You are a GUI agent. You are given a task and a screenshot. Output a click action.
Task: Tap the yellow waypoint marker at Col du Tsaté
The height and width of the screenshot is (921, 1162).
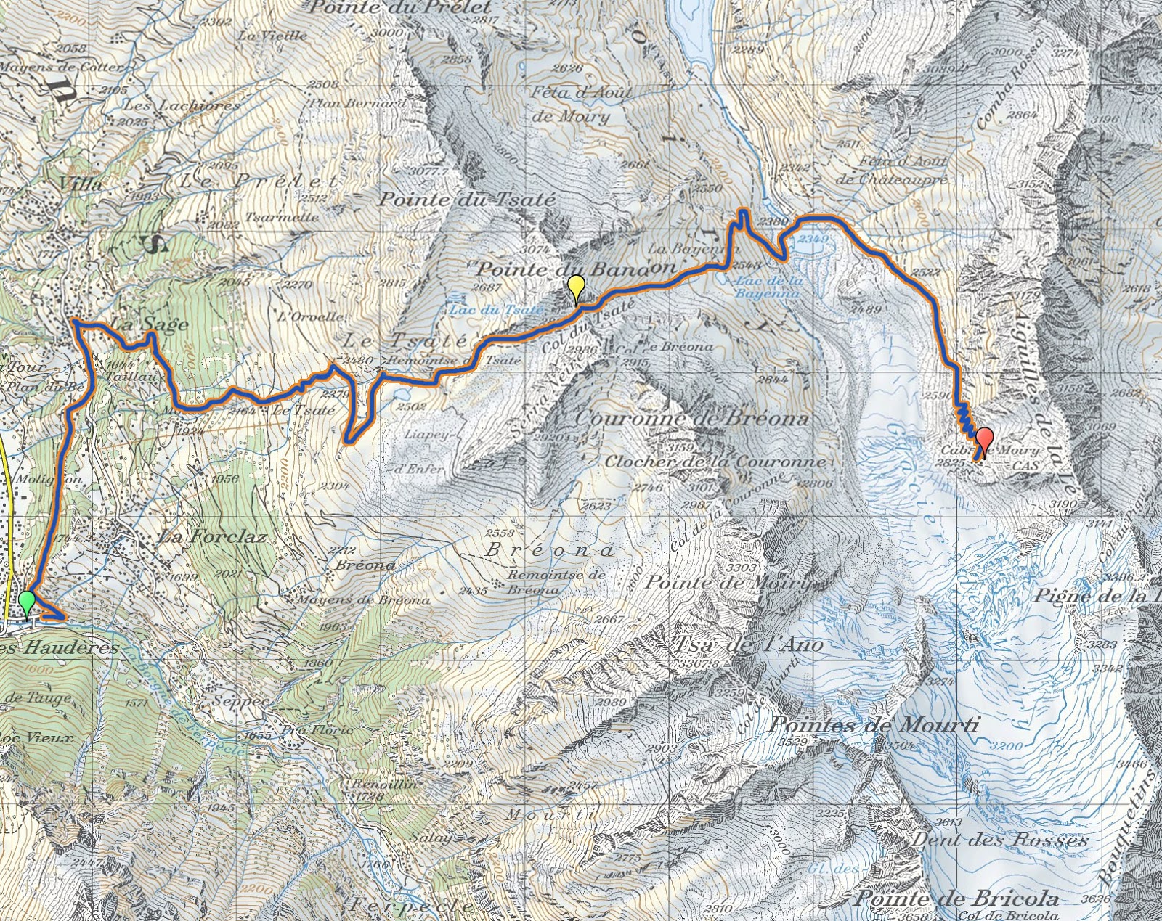[576, 288]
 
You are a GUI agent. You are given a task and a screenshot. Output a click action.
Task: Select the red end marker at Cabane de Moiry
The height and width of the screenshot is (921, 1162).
[984, 440]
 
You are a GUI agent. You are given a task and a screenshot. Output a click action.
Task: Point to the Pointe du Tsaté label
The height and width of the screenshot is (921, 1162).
[467, 200]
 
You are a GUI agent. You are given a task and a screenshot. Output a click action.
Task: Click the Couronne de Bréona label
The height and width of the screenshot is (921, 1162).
[691, 419]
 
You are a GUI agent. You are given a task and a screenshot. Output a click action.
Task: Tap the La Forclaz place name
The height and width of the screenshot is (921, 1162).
[213, 537]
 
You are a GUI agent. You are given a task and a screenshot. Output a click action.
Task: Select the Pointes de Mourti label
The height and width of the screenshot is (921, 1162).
[874, 724]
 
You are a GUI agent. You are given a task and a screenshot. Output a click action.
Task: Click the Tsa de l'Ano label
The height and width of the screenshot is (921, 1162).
[749, 644]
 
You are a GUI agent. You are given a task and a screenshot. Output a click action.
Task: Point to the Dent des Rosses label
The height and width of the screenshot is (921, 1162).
[1000, 840]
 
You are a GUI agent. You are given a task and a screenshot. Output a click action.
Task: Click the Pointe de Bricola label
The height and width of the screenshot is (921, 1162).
[956, 898]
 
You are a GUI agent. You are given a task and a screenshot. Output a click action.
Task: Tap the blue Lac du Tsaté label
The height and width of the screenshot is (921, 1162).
[496, 310]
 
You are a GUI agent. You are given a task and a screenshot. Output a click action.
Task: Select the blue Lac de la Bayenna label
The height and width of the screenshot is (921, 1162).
[768, 287]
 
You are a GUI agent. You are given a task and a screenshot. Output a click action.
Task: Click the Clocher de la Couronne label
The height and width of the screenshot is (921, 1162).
[715, 462]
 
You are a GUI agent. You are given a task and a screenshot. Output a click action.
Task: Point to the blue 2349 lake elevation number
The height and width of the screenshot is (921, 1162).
[813, 239]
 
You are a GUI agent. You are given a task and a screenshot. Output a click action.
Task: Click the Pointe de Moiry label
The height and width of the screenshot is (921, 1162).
[727, 582]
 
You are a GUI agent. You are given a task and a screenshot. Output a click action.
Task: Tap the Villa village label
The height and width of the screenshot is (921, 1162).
[81, 184]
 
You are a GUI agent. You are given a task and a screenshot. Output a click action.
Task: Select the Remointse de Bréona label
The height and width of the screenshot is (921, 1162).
[556, 582]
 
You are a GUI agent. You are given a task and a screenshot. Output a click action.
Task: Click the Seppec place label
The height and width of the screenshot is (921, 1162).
[240, 701]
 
